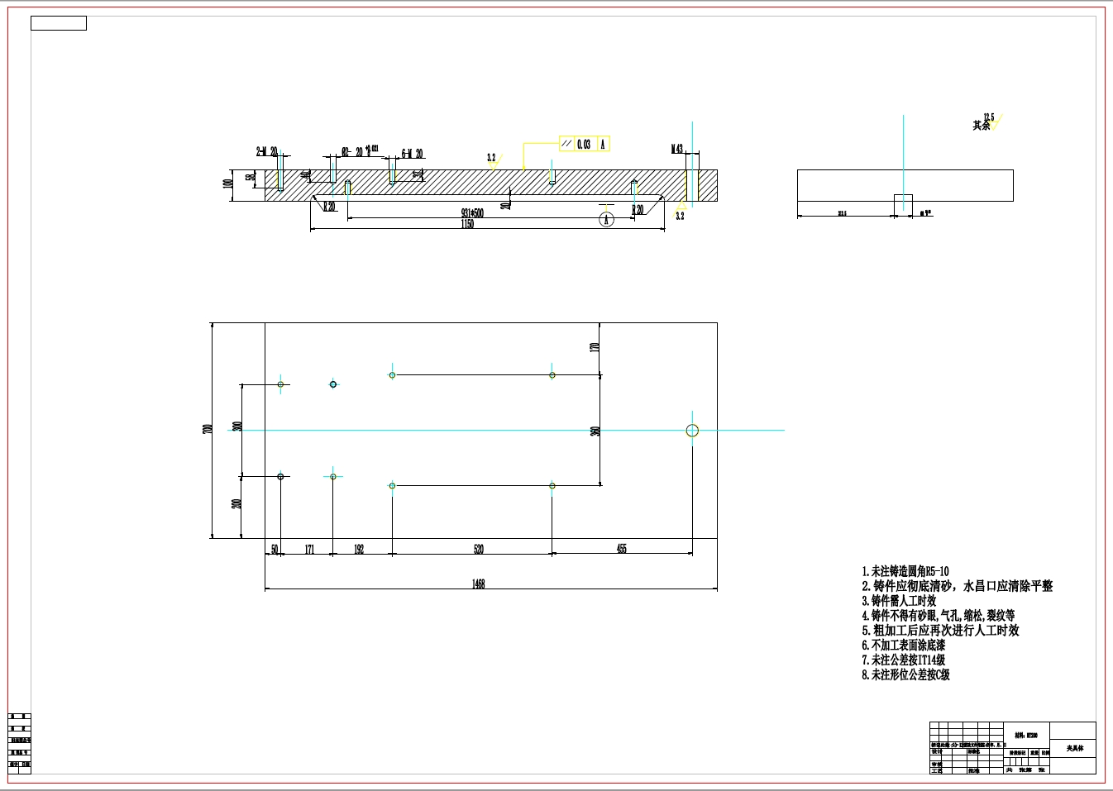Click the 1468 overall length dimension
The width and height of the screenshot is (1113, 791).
tap(478, 584)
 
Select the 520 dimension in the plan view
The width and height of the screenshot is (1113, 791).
tap(478, 549)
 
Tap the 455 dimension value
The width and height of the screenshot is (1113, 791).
tap(621, 548)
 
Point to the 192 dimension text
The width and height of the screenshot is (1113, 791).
tap(359, 549)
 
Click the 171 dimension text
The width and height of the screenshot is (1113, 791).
tap(309, 549)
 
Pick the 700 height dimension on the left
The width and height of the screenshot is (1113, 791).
tap(208, 429)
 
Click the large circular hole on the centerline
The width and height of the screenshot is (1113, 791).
tap(692, 430)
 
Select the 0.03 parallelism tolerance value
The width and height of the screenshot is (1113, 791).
tap(584, 144)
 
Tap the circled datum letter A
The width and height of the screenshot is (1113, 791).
tap(606, 219)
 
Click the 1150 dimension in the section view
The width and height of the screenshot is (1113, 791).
tap(467, 224)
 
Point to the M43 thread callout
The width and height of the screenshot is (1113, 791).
tap(676, 150)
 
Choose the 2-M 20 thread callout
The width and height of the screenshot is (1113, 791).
tap(266, 152)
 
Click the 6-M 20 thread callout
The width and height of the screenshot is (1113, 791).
tap(412, 154)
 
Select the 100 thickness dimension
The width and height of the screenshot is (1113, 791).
tap(227, 183)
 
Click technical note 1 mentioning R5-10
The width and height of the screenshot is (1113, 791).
tap(905, 571)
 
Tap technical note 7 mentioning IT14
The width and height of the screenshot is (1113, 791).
tap(903, 660)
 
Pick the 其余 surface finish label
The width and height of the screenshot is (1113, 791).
tap(981, 126)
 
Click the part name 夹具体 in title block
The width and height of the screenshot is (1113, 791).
tap(1074, 748)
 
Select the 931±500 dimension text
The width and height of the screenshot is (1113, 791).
tap(472, 213)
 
